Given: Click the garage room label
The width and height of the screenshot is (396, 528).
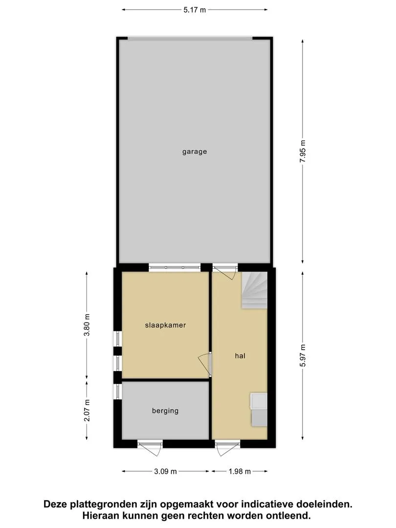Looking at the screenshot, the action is click(194, 152).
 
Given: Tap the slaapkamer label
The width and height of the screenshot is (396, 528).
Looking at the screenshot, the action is click(165, 325).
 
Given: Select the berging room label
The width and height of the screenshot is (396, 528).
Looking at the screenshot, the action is click(165, 411).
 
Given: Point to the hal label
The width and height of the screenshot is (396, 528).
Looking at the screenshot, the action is click(240, 355).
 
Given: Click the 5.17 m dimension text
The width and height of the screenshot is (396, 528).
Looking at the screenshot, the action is click(194, 10).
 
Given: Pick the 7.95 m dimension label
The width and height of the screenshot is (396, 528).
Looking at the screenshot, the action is click(303, 151).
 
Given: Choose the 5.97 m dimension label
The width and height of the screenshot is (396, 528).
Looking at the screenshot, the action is click(303, 355).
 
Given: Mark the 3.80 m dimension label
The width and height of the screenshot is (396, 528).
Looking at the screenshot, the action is click(87, 325).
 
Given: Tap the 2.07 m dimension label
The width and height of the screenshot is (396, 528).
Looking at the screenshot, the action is click(87, 411).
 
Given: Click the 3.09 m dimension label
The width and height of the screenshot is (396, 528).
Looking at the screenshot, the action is click(165, 471).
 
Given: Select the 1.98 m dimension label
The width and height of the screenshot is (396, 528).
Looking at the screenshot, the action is click(240, 471).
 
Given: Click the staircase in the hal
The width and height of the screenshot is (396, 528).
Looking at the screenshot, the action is click(254, 290).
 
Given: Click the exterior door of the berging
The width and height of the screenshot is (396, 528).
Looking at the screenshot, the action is click(150, 448).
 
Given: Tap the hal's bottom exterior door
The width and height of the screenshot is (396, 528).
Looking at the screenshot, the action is click(228, 448).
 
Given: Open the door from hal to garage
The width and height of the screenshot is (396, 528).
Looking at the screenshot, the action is click(225, 272).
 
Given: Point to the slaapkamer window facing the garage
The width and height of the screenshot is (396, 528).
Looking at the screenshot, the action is click(175, 268).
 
